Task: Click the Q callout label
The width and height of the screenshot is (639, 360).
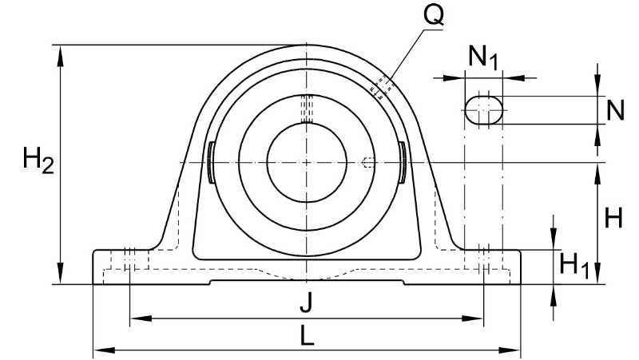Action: pos(434,15)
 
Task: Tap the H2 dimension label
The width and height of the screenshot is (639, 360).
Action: pos(38,160)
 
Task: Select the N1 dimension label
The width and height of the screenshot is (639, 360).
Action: pos(483,57)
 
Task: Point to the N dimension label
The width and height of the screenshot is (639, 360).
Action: pos(615,110)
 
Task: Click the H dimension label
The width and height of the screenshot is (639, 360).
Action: pos(613,217)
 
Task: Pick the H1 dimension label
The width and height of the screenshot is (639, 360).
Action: pos(574,265)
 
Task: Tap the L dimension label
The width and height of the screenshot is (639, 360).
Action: pos(307,335)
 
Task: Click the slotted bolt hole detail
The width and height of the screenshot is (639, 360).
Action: pos(484,110)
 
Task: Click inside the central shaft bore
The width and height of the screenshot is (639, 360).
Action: pos(307,163)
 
